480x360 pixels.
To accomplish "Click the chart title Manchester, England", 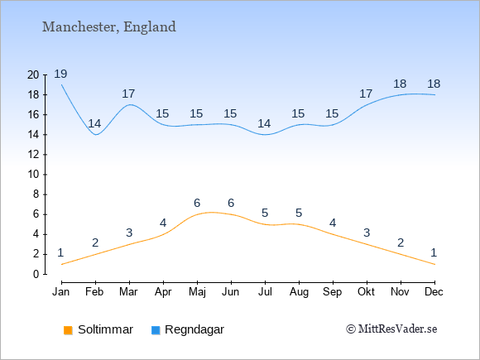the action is point(109,27).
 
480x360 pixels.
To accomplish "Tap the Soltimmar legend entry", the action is point(98,329).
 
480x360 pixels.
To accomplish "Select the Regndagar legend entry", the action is point(188,329).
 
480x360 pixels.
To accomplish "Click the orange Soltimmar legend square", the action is point(68,330).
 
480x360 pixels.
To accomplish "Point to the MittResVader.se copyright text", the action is point(391,329).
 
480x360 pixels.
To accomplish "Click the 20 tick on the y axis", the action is point(33,74).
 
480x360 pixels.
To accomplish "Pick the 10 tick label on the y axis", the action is point(33,175).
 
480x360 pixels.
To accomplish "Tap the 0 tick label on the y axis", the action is point(36,274).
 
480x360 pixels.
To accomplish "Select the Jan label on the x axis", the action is point(61,292).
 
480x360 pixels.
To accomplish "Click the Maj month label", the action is point(197,292).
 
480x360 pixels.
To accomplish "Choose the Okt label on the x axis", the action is point(366,292).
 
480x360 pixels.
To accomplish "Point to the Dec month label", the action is point(434,292).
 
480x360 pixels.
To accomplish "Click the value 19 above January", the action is point(60,74).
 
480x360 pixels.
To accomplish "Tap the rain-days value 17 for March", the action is point(128,94).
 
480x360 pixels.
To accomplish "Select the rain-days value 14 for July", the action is point(264,123).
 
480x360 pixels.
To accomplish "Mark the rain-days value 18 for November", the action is point(400,84).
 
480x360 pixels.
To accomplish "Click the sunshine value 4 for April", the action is point(163,223).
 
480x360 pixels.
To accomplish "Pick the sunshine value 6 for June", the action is point(231,203).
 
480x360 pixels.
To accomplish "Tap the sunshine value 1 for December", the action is point(434,253).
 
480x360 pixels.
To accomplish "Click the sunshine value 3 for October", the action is point(367,233).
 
